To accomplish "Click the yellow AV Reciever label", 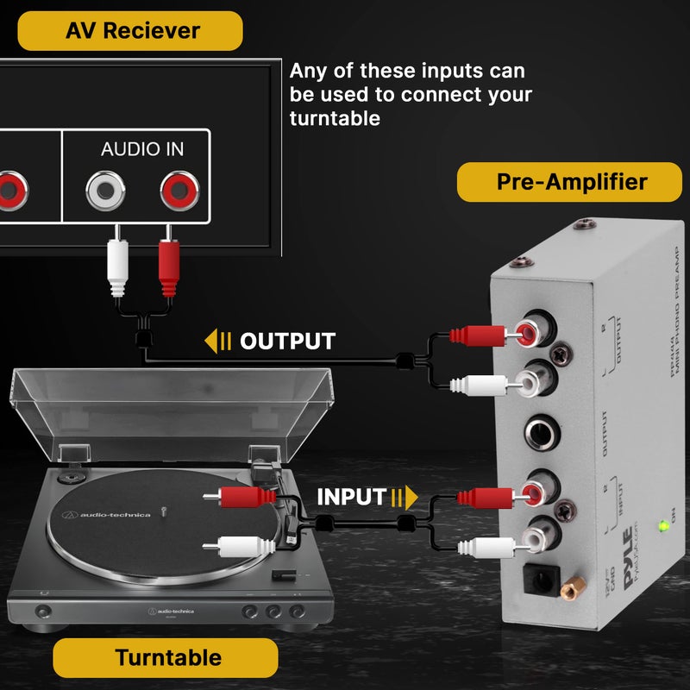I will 131,31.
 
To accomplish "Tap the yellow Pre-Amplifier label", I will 571,182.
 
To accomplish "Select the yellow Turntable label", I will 169,658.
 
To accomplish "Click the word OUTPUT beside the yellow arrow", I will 287,342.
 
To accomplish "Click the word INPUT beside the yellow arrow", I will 350,497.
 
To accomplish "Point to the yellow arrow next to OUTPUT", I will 217,342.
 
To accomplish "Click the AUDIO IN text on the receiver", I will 142,149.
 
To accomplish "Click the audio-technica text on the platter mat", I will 116,515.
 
